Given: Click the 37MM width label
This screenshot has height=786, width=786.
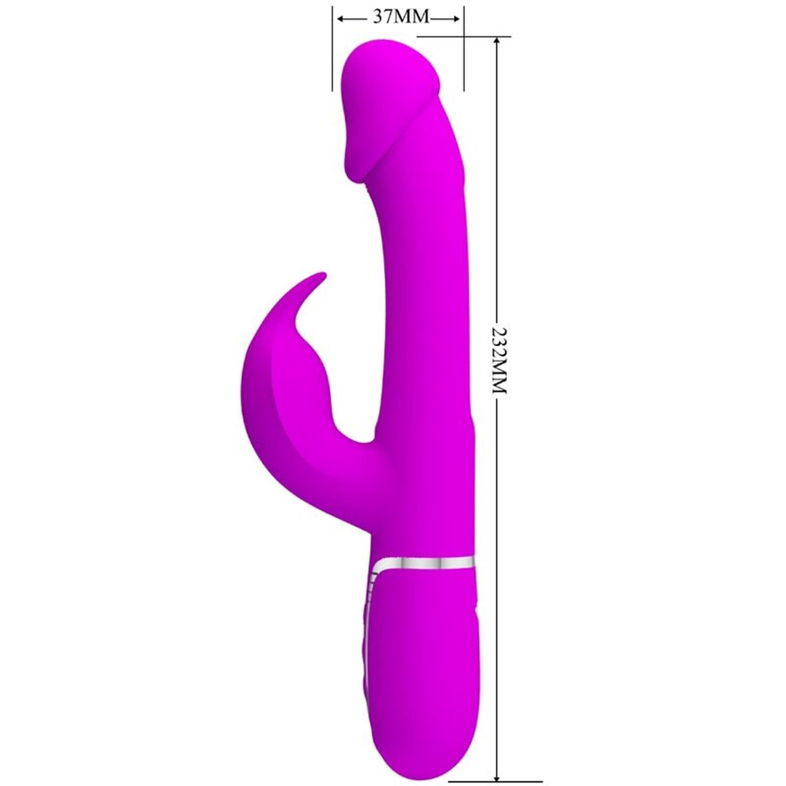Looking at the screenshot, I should (x=400, y=18).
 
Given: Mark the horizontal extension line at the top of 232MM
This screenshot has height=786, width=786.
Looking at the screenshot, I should (x=463, y=36).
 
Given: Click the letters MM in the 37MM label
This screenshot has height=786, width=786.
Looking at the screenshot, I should (x=412, y=18).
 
